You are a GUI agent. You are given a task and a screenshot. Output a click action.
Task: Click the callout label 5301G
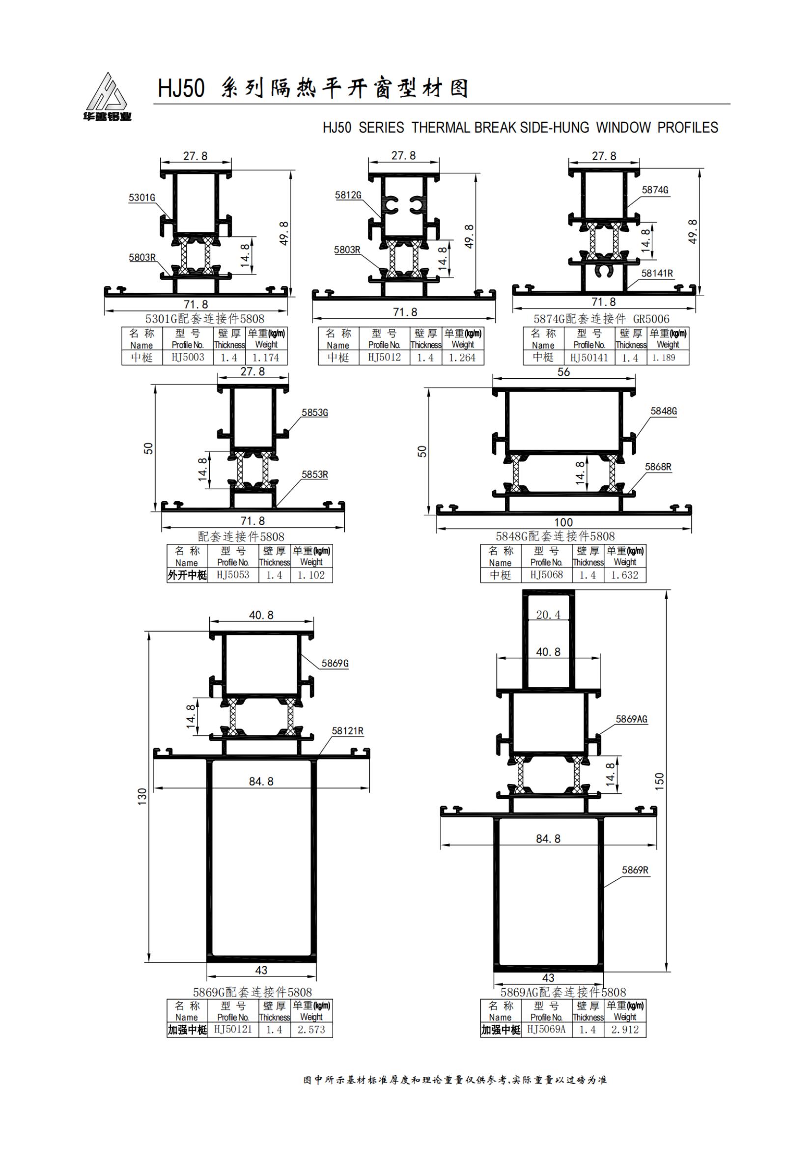point(142,197)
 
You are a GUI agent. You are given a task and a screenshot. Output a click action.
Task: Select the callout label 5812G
point(348,195)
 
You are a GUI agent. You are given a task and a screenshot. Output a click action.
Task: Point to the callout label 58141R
point(657,273)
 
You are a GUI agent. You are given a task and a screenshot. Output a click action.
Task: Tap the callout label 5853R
point(315,475)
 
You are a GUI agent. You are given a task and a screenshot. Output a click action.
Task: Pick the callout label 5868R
point(658,467)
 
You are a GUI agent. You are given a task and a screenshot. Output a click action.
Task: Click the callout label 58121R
point(347,731)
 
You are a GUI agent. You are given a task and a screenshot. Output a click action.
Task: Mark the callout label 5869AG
point(631,719)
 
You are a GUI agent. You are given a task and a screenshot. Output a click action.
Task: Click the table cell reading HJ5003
point(188,357)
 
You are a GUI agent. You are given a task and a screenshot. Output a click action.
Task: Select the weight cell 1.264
point(462,358)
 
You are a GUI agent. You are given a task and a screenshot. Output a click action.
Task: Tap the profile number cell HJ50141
point(589,358)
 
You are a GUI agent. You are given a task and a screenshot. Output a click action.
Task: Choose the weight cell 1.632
point(624,575)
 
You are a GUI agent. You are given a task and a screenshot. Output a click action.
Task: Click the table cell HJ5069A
point(546,1030)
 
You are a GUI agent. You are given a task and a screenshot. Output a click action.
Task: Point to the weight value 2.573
point(311,1030)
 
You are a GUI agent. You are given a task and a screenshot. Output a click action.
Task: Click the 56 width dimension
point(563,372)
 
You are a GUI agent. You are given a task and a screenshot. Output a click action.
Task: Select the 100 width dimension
point(563,522)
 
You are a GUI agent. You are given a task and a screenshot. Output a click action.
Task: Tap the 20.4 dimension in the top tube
point(548,615)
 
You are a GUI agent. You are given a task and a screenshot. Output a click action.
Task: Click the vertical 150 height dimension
point(659,781)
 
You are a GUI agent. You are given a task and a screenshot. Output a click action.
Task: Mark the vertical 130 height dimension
point(142,796)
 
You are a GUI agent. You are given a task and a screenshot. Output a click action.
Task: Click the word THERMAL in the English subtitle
point(441,128)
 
